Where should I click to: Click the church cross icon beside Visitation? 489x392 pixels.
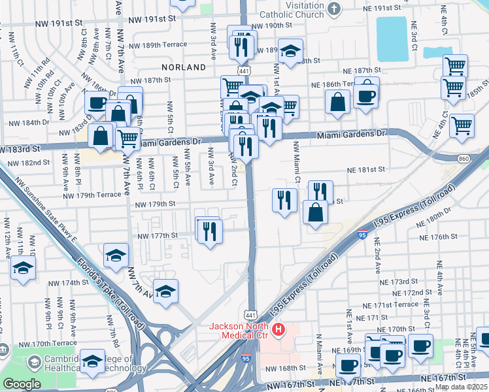[x=334, y=9]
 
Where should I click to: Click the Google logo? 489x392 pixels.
[x=22, y=384]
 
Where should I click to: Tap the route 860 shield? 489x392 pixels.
[x=445, y=159]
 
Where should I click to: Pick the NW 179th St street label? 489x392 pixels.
[x=156, y=204]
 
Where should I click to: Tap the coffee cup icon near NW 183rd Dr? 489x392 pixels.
[x=97, y=103]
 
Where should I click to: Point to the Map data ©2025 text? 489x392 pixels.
[x=461, y=387]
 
